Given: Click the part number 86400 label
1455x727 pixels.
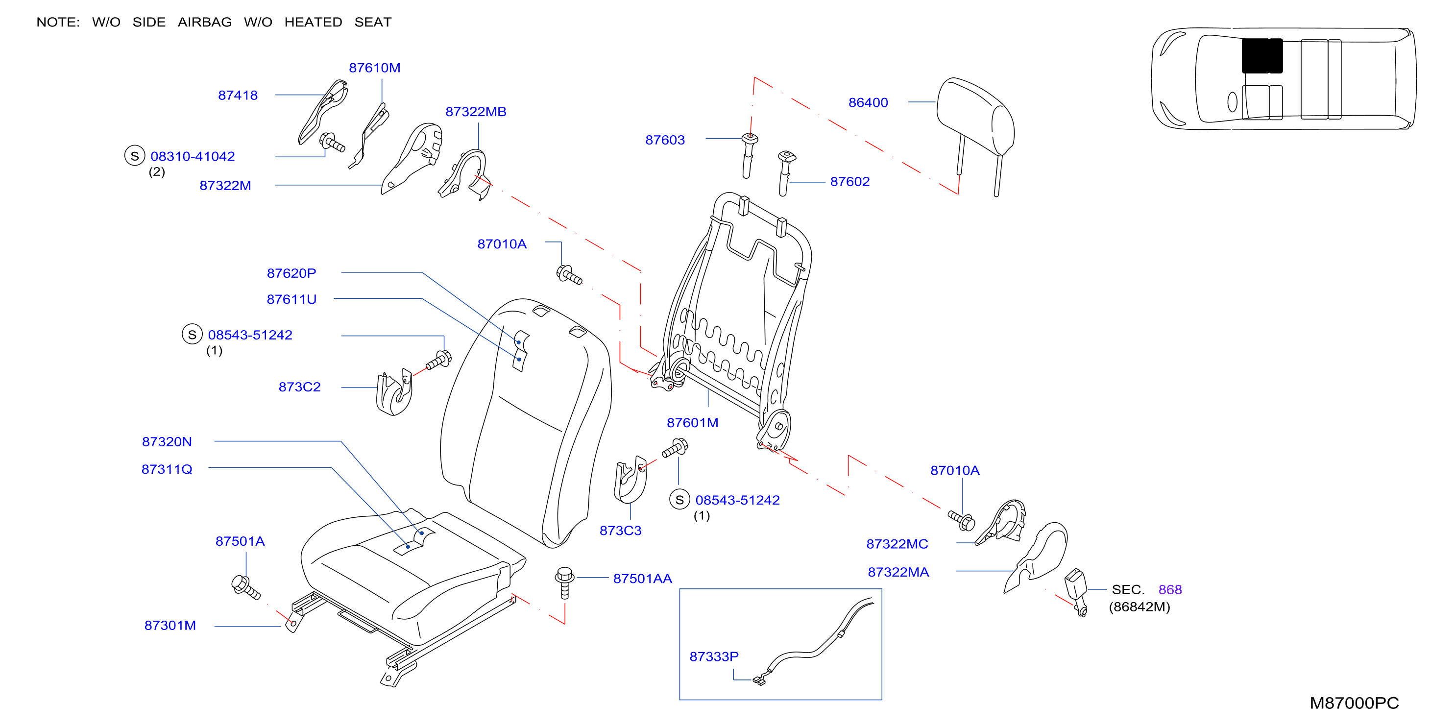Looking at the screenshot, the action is (868, 102).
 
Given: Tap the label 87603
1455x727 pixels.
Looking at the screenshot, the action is (665, 140).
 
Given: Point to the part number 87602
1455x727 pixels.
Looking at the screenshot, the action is (849, 181).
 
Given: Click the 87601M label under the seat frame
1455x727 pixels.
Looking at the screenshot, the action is (693, 422).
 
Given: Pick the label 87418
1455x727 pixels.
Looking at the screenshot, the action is (238, 95).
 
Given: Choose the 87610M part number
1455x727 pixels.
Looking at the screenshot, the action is (374, 68).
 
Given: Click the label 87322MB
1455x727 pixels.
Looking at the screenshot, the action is (476, 111).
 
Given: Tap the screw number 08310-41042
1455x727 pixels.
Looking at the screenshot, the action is (193, 156).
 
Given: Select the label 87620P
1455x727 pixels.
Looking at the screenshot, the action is (291, 273).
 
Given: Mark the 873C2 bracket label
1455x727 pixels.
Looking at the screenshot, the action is (299, 387).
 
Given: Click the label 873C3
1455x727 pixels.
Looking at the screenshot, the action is (620, 531).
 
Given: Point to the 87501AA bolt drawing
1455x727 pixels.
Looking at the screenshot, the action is (564, 582).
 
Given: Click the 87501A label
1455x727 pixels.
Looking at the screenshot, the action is (240, 541).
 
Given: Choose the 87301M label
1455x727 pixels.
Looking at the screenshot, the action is (170, 625).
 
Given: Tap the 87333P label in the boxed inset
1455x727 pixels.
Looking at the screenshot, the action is (714, 656).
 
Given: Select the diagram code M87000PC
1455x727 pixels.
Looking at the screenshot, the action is (1354, 703).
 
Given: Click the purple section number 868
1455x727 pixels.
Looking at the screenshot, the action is (1170, 589).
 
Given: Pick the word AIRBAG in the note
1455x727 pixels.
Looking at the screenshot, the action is (204, 22).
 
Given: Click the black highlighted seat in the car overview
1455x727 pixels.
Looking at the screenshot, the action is (1262, 56).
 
